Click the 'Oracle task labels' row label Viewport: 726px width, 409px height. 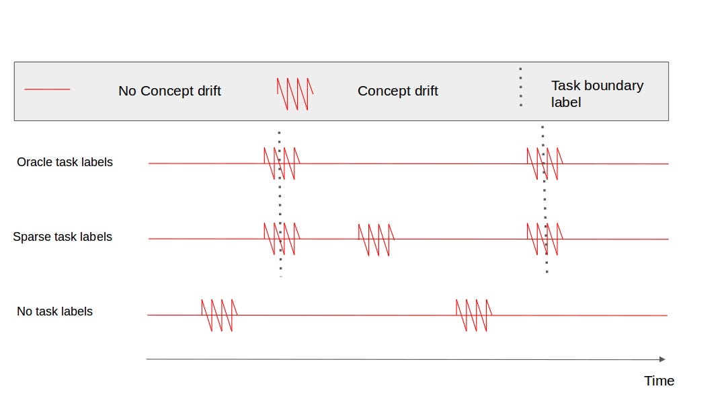65,162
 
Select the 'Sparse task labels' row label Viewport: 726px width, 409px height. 63,237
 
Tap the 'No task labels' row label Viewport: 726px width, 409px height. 54,311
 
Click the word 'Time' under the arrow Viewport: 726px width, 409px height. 659,381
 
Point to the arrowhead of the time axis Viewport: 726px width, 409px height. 662,359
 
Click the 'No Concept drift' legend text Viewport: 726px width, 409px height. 169,91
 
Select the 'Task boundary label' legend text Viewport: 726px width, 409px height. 597,94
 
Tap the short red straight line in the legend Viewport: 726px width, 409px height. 47,89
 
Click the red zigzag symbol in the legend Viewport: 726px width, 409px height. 295,94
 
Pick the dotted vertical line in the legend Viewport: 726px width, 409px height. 520,87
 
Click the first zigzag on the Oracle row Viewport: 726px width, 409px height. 282,163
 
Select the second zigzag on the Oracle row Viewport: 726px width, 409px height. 544,163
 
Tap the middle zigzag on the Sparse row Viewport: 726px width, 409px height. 376,239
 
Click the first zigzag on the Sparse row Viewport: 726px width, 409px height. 282,239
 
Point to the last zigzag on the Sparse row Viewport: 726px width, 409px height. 544,239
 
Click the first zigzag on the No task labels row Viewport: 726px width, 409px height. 219,315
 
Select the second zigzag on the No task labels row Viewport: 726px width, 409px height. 473,315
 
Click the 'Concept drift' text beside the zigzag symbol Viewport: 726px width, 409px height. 397,91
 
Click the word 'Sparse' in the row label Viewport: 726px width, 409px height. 32,237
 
